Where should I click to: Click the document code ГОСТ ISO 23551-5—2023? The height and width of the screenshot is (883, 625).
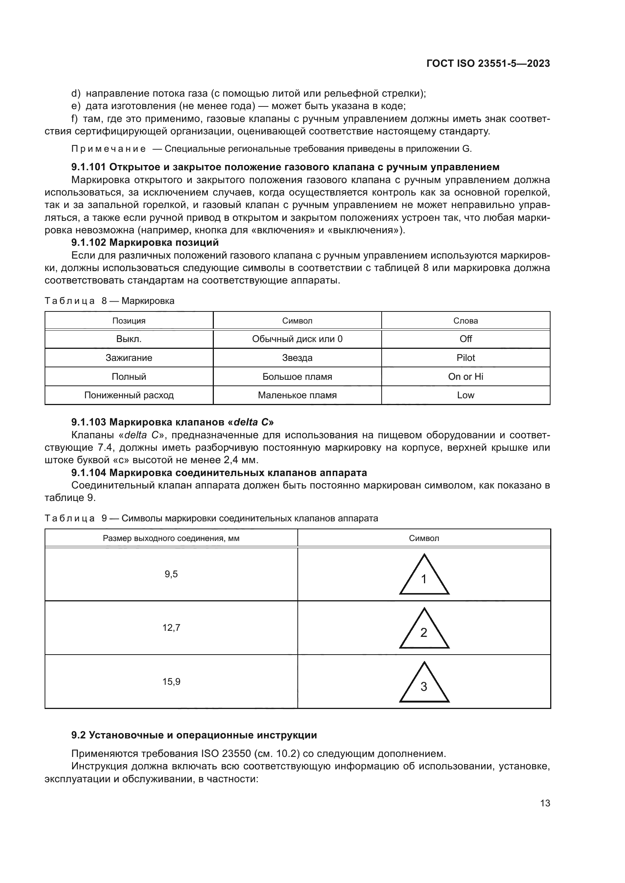click(488, 63)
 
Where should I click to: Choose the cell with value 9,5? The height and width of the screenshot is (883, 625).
click(171, 574)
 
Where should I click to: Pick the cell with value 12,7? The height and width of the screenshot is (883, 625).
click(171, 628)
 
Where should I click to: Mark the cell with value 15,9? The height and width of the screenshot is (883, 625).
click(171, 682)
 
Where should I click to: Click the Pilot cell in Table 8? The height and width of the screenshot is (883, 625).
click(466, 358)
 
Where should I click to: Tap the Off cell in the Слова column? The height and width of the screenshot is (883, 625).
click(466, 339)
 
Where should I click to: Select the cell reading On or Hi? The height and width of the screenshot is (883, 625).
click(466, 376)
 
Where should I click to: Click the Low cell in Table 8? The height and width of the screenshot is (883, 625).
click(466, 395)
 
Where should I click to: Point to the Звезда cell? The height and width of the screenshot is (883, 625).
click(297, 358)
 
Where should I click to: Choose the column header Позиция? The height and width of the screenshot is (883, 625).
click(129, 321)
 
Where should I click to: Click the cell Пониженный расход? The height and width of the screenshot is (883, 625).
click(129, 395)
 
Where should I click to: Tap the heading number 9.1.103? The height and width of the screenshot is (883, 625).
click(88, 422)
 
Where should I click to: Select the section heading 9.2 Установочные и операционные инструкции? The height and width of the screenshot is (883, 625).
click(194, 735)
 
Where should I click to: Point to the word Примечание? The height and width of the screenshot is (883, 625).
click(108, 149)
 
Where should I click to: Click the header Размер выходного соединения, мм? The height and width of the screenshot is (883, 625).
click(171, 538)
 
